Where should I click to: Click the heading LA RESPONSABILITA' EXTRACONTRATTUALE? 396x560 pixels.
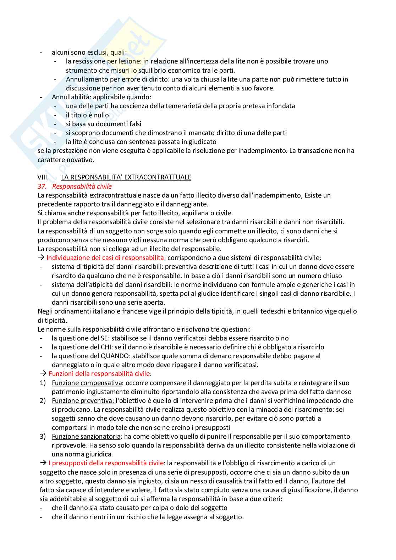[126, 177]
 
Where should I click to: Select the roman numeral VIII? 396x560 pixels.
[43, 177]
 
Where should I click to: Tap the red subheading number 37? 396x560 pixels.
[42, 186]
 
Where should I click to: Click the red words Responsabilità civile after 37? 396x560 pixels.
[82, 186]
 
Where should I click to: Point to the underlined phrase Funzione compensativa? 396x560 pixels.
[87, 383]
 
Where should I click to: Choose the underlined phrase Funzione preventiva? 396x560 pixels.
[83, 401]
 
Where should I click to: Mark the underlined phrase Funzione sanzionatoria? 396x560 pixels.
[86, 437]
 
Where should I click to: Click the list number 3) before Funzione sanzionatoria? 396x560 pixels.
[43, 437]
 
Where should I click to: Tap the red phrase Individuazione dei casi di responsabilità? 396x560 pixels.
[105, 258]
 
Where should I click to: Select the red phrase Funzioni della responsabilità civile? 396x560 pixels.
[99, 374]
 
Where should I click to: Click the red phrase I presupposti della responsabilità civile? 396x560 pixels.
[106, 463]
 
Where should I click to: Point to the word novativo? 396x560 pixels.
[81, 160]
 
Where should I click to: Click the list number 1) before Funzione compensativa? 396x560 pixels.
[43, 383]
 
